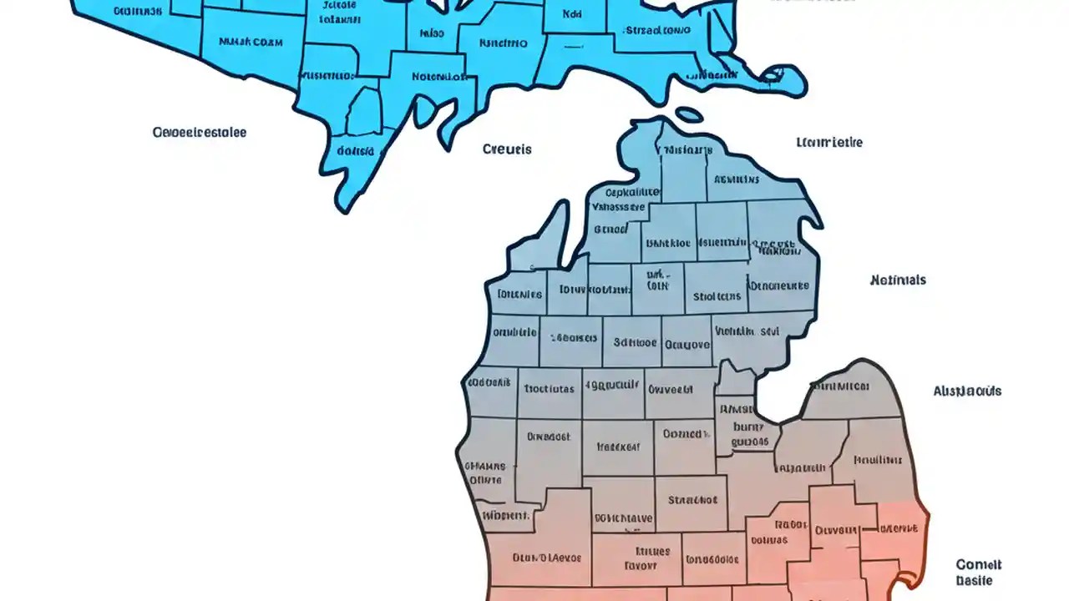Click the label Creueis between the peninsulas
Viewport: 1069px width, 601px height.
(507, 149)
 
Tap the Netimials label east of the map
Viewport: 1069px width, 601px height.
(898, 280)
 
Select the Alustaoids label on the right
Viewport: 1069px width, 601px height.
(967, 391)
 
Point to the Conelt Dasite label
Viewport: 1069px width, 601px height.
(978, 573)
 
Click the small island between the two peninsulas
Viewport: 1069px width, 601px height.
(688, 114)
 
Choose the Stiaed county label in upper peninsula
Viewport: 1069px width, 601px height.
(656, 31)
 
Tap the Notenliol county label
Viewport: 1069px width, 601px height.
(438, 76)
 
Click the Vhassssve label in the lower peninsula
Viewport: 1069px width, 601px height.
(618, 207)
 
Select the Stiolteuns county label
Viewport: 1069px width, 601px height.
(717, 295)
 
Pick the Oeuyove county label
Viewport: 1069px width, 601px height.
(686, 344)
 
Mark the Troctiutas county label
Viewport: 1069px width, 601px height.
(549, 388)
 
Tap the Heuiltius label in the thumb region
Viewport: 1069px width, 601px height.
(878, 459)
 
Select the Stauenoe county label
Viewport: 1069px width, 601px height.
(692, 501)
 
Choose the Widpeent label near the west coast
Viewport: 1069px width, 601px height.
(505, 515)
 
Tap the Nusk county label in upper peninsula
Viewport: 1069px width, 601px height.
(250, 41)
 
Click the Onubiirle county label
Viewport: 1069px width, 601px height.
(512, 332)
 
